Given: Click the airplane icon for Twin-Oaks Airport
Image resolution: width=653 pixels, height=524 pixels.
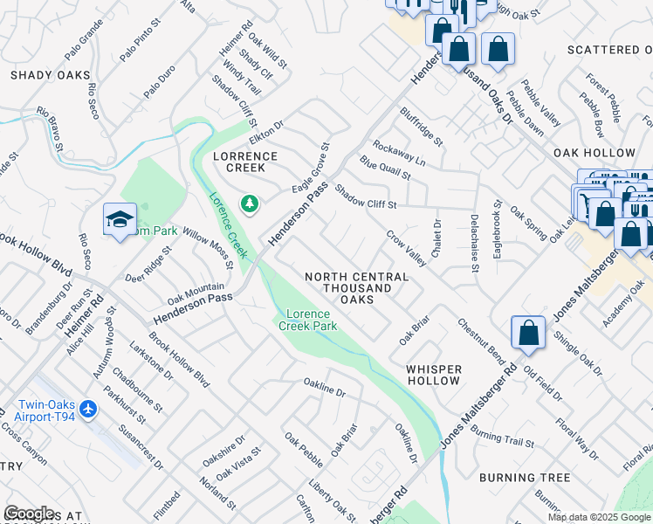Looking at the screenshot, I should pos(87,408).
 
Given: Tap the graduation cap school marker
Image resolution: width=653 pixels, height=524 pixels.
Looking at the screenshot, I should pos(120,220).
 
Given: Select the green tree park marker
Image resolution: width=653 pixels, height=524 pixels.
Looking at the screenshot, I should pos(251,203).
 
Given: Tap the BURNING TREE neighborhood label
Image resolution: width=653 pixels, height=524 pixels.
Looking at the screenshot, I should pos(524,478).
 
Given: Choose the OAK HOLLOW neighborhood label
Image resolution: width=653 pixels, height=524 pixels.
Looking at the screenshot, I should pos(594,153).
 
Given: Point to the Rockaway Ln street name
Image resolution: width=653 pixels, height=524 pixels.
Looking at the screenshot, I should pos(398,154).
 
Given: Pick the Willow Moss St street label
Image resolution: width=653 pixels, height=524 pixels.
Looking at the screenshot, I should pos(207,249).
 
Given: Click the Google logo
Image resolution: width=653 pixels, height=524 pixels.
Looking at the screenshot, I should pos(29,514).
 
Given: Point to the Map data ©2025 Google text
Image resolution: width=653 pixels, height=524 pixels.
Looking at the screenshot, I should pos(598,517).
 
